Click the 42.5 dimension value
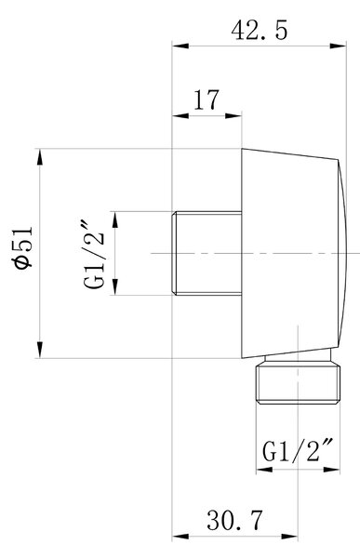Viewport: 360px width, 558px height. tap(259, 30)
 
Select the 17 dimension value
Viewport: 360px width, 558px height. tap(207, 100)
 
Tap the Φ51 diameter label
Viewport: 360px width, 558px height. tap(22, 246)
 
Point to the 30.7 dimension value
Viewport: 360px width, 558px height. tap(234, 520)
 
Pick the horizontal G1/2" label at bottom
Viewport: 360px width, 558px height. tap(298, 451)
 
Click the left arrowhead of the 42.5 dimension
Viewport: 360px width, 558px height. tap(180, 46)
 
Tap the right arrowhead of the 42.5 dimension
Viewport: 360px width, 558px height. tap(338, 46)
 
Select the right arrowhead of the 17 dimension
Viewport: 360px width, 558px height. tap(233, 115)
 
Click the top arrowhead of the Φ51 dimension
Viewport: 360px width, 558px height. tap(39, 157)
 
